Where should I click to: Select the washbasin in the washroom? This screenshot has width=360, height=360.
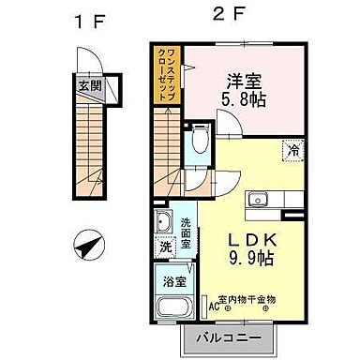tap(162, 224)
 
